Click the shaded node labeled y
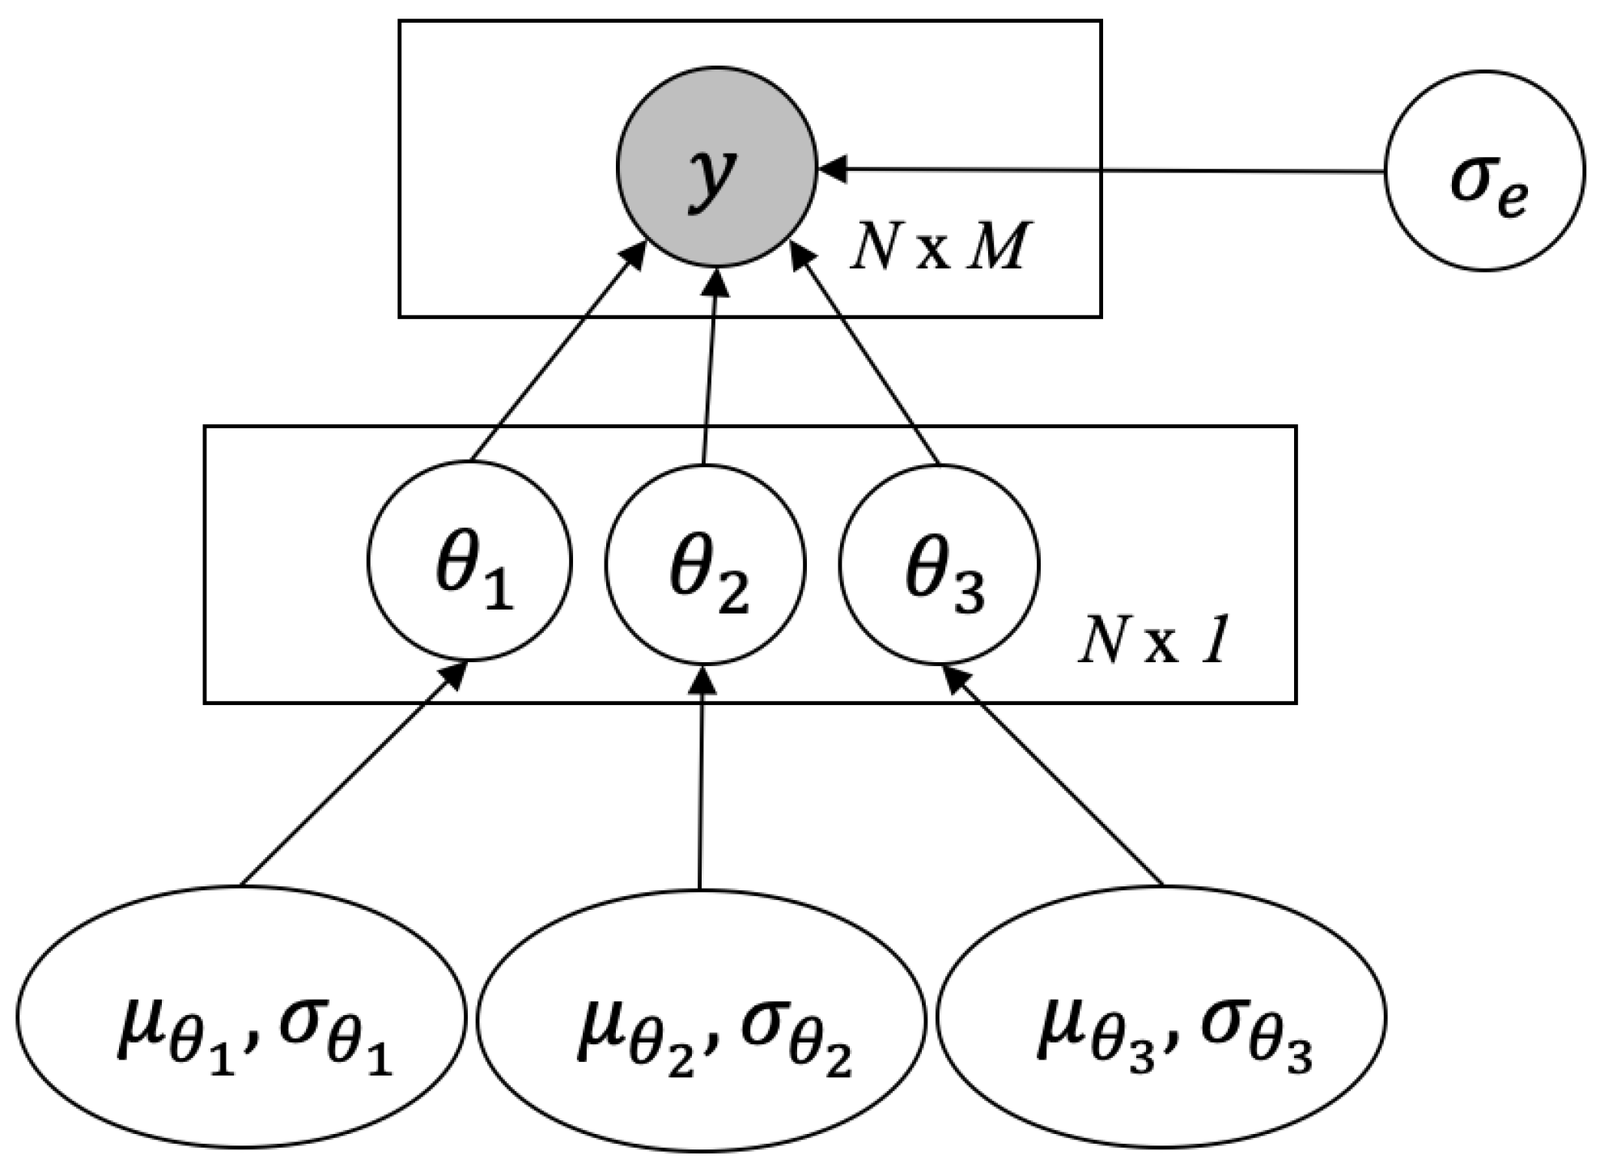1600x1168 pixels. coord(716,167)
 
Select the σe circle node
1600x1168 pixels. coord(1483,171)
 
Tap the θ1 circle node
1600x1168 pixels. coord(469,561)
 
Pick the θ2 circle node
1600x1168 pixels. coord(705,563)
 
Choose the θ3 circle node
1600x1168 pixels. coord(939,563)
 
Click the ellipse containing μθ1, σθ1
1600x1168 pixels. coord(241,1017)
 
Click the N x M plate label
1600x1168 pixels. coord(939,248)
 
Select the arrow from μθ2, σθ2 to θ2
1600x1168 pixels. coord(701,777)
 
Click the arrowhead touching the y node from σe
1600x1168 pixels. coord(834,169)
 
